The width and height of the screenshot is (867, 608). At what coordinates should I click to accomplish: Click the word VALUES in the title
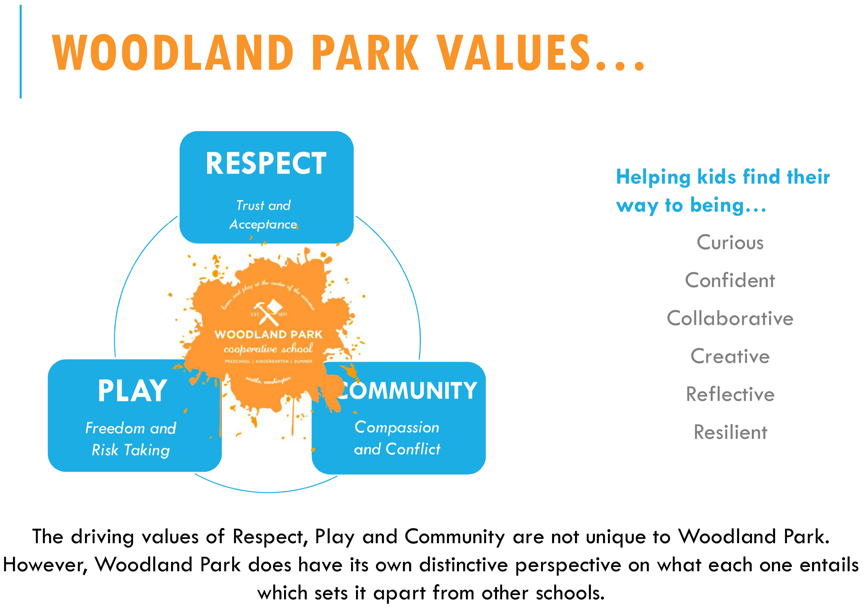click(x=515, y=53)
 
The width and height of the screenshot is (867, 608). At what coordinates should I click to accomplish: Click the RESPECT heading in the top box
click(x=266, y=163)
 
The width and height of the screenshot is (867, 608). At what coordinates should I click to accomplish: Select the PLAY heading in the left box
click(x=132, y=391)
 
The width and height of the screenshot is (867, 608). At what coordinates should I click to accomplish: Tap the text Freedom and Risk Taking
click(x=131, y=439)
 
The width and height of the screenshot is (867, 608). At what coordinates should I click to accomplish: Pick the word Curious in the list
click(x=730, y=242)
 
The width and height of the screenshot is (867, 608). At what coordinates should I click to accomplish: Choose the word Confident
click(x=730, y=281)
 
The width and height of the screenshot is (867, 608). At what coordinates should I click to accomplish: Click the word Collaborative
click(x=730, y=318)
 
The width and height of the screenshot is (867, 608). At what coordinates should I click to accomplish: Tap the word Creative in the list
click(x=730, y=356)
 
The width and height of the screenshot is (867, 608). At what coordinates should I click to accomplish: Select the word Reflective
click(x=730, y=394)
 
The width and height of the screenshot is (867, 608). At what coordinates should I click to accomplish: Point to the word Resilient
click(x=730, y=432)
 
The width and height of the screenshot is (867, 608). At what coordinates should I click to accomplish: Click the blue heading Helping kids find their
click(x=722, y=177)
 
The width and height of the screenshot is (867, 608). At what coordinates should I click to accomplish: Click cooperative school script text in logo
click(x=268, y=349)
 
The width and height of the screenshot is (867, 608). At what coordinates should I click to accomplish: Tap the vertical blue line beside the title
click(x=21, y=52)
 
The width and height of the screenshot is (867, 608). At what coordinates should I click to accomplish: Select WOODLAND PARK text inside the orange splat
click(x=268, y=334)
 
